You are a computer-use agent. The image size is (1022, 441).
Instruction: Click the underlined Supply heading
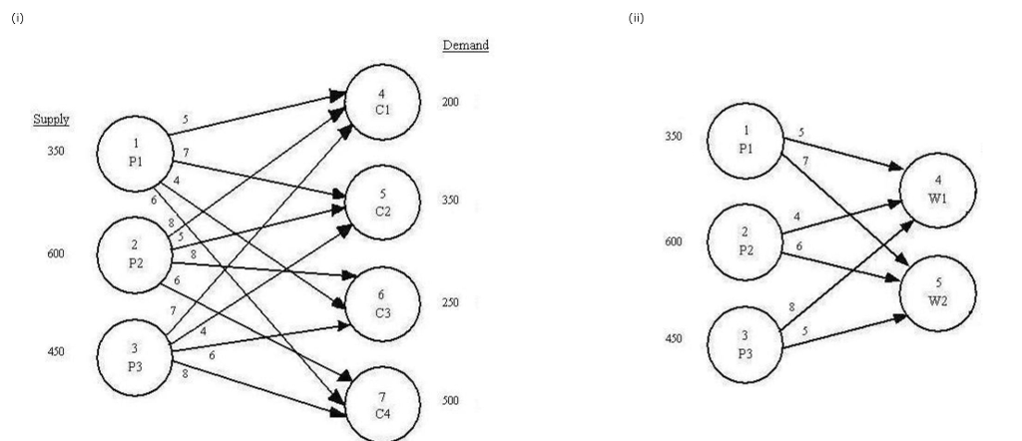pyautogui.click(x=52, y=119)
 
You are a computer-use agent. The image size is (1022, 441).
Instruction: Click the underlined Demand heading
pyautogui.click(x=465, y=46)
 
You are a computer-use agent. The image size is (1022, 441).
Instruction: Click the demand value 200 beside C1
pyautogui.click(x=450, y=103)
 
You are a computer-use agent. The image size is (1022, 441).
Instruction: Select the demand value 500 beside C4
pyautogui.click(x=450, y=401)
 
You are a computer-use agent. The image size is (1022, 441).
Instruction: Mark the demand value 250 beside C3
pyautogui.click(x=450, y=302)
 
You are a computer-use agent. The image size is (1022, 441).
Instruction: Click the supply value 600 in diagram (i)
pyautogui.click(x=55, y=254)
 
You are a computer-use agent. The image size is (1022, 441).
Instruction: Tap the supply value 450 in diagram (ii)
pyautogui.click(x=674, y=338)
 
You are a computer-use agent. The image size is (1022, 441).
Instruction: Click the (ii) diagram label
pyautogui.click(x=636, y=19)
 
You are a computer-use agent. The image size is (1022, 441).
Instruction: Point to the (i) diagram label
pyautogui.click(x=17, y=19)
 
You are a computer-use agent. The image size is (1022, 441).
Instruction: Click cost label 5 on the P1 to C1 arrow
pyautogui.click(x=184, y=119)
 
